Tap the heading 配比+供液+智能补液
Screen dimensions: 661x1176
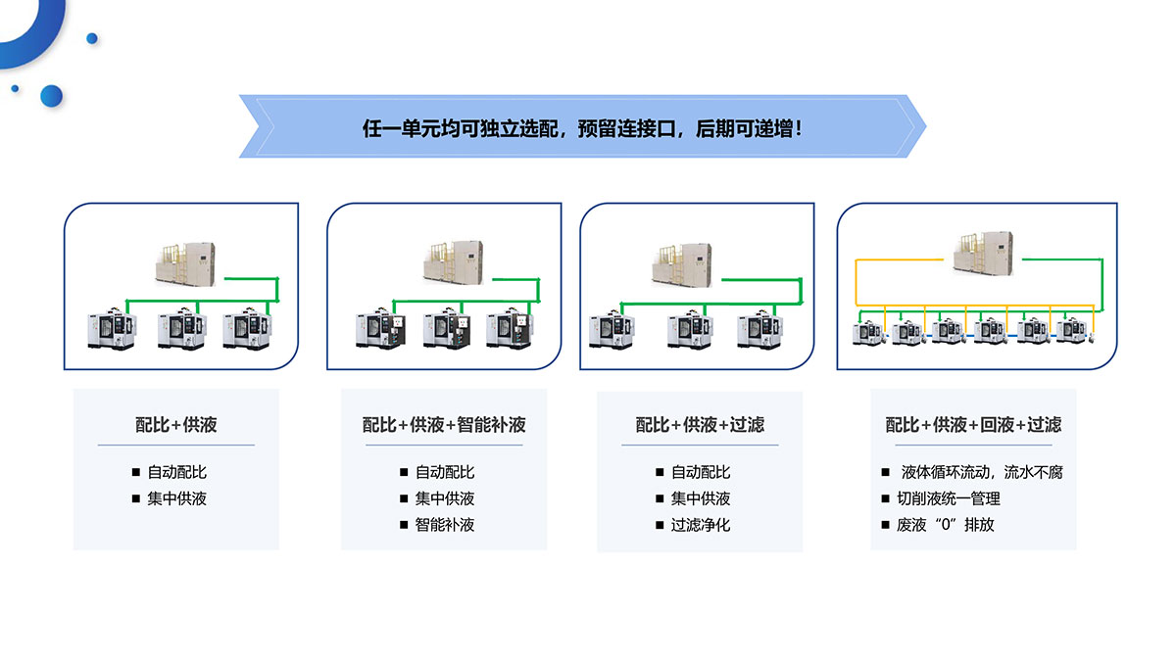[x=444, y=424]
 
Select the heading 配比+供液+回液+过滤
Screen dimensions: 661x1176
[x=973, y=424]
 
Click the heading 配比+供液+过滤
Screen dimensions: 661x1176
[x=700, y=424]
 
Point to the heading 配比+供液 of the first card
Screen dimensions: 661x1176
[x=176, y=424]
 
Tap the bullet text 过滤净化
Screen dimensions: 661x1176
[x=701, y=525]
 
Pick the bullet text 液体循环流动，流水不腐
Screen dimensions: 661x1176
[x=981, y=472]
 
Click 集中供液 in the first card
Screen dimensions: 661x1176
[x=177, y=498]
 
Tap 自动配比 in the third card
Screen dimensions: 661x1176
[x=701, y=472]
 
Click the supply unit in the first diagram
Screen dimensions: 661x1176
[x=186, y=263]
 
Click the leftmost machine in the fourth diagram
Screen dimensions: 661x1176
[x=868, y=330]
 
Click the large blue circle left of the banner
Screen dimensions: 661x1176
[x=51, y=95]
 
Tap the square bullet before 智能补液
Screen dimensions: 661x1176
[x=404, y=525]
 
